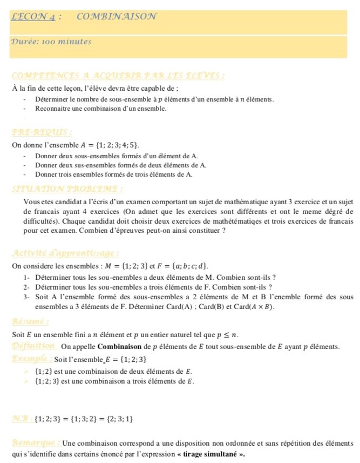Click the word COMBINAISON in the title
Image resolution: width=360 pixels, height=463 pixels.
[x=117, y=16]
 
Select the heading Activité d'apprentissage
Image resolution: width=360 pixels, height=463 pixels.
[x=65, y=253]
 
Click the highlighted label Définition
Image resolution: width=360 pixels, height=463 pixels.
[x=33, y=346]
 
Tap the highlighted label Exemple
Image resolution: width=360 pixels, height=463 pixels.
[x=31, y=359]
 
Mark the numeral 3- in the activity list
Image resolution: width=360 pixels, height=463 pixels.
[x=26, y=297]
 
